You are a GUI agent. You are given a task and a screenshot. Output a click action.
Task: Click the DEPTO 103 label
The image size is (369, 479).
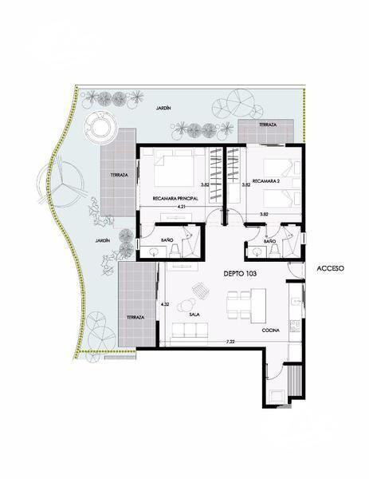pos(240,274)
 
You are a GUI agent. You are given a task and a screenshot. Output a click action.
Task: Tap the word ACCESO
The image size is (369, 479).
pos(330,268)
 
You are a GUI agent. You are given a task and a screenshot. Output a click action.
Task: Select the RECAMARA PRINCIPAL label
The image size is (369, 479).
pos(175,199)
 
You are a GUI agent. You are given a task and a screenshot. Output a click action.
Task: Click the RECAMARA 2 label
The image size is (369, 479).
pos(266,181)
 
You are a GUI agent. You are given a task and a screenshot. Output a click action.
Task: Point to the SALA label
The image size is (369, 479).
pos(194,315)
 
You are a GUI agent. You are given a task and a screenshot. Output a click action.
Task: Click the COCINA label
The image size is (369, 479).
pos(271,331)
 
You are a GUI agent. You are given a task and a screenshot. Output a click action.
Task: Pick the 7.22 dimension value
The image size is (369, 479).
pos(230,342)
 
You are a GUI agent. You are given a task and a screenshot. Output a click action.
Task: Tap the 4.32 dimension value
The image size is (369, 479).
pos(165,304)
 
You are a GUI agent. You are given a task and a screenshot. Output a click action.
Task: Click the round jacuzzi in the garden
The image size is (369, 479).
pos(100,126)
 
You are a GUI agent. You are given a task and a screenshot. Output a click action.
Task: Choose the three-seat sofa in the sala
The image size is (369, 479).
pos(190,330)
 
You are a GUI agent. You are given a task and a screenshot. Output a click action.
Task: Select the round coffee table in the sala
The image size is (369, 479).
pos(186,305)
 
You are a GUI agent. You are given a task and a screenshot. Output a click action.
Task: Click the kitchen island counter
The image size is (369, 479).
pos(258,306)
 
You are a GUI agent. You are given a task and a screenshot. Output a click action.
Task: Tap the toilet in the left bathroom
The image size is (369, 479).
pos(175,250)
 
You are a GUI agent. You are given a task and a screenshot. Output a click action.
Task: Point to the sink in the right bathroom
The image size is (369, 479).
pos(257,252)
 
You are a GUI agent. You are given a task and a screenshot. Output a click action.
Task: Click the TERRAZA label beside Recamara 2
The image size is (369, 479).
pos(268,125)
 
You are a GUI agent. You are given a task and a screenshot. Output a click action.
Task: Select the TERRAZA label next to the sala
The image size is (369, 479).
pos(135,318)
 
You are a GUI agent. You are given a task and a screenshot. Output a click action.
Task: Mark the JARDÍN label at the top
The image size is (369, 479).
pos(163,108)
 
